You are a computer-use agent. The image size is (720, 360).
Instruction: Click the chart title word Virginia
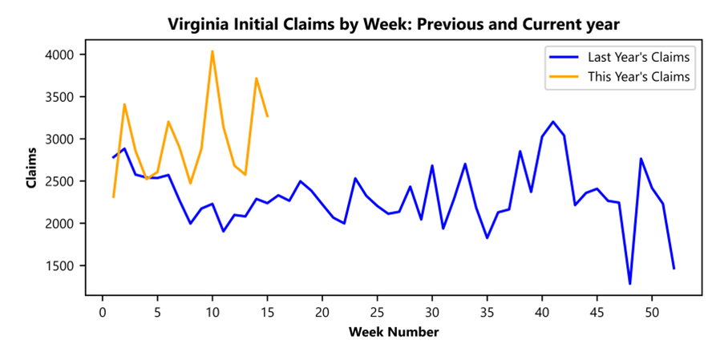(x=196, y=25)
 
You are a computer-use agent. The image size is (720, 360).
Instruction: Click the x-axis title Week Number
(x=393, y=332)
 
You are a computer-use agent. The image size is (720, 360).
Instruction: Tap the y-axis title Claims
(x=32, y=168)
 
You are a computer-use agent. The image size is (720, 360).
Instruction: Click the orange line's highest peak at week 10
(x=212, y=51)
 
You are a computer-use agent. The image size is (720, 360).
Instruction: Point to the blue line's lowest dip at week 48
(x=629, y=283)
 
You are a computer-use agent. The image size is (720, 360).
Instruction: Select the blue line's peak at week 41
(x=553, y=122)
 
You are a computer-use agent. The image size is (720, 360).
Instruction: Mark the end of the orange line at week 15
(x=267, y=116)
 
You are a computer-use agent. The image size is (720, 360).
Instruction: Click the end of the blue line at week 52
(x=673, y=268)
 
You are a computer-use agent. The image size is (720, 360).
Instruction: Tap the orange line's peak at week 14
(x=256, y=79)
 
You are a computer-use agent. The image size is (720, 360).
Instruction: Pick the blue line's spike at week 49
(x=641, y=159)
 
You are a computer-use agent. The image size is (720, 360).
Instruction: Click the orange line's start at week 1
(x=113, y=196)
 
